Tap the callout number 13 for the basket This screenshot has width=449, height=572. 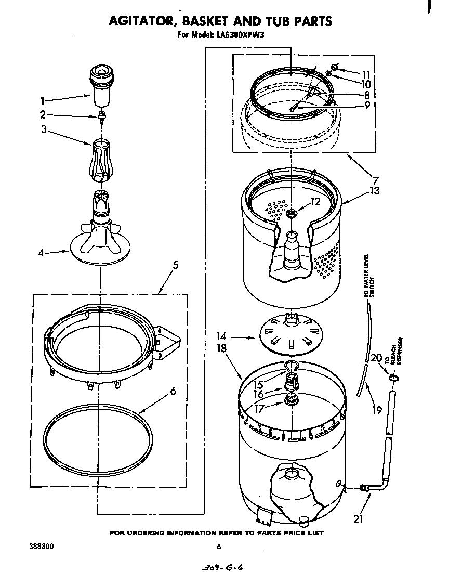(x=374, y=191)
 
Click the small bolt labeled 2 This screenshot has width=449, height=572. (x=102, y=115)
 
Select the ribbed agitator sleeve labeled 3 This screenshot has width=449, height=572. (x=102, y=160)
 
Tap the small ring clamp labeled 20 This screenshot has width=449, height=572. (x=393, y=379)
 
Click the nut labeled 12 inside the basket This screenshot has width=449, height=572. (x=291, y=212)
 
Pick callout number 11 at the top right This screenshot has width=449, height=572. (x=366, y=74)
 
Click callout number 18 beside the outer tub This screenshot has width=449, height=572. (x=222, y=348)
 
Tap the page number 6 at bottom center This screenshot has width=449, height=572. (x=219, y=547)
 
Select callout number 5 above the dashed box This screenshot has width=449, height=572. (x=176, y=266)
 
